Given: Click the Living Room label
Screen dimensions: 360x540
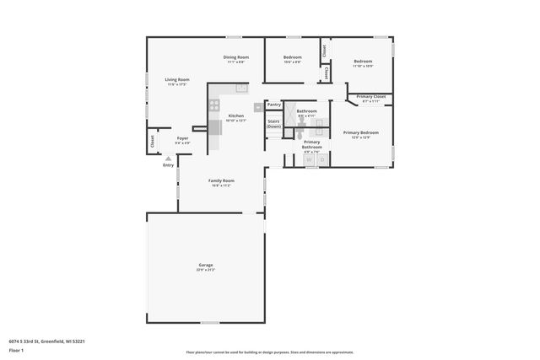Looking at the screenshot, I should pyautogui.click(x=177, y=80).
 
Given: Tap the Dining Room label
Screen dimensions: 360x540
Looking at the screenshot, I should pyautogui.click(x=236, y=57).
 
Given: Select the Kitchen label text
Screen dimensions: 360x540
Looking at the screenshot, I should pyautogui.click(x=236, y=116).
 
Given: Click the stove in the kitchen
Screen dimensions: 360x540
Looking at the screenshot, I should pyautogui.click(x=214, y=106).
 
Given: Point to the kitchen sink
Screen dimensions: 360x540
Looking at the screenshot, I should pyautogui.click(x=240, y=87).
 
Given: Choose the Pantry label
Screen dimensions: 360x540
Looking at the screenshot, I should pyautogui.click(x=273, y=105).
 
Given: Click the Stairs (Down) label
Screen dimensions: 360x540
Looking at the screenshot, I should pyautogui.click(x=273, y=124).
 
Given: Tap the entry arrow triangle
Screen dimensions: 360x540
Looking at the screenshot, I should pyautogui.click(x=168, y=158).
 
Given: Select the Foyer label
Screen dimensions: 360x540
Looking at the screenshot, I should pyautogui.click(x=182, y=137).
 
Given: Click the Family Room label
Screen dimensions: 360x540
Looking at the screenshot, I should pyautogui.click(x=222, y=180).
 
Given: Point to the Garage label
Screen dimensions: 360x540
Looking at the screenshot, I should pyautogui.click(x=206, y=266).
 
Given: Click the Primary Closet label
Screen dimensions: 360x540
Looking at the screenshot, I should pyautogui.click(x=371, y=97).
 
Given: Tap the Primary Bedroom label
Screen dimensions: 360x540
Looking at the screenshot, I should pyautogui.click(x=360, y=132).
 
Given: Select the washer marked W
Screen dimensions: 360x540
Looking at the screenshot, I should pyautogui.click(x=309, y=159).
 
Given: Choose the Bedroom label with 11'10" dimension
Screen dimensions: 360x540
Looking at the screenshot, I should pyautogui.click(x=363, y=62).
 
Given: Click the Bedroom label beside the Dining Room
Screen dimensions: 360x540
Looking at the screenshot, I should pyautogui.click(x=293, y=57).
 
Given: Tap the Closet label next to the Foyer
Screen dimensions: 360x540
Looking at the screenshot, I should pyautogui.click(x=153, y=142).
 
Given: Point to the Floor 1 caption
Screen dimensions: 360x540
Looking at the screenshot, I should pyautogui.click(x=15, y=350).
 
